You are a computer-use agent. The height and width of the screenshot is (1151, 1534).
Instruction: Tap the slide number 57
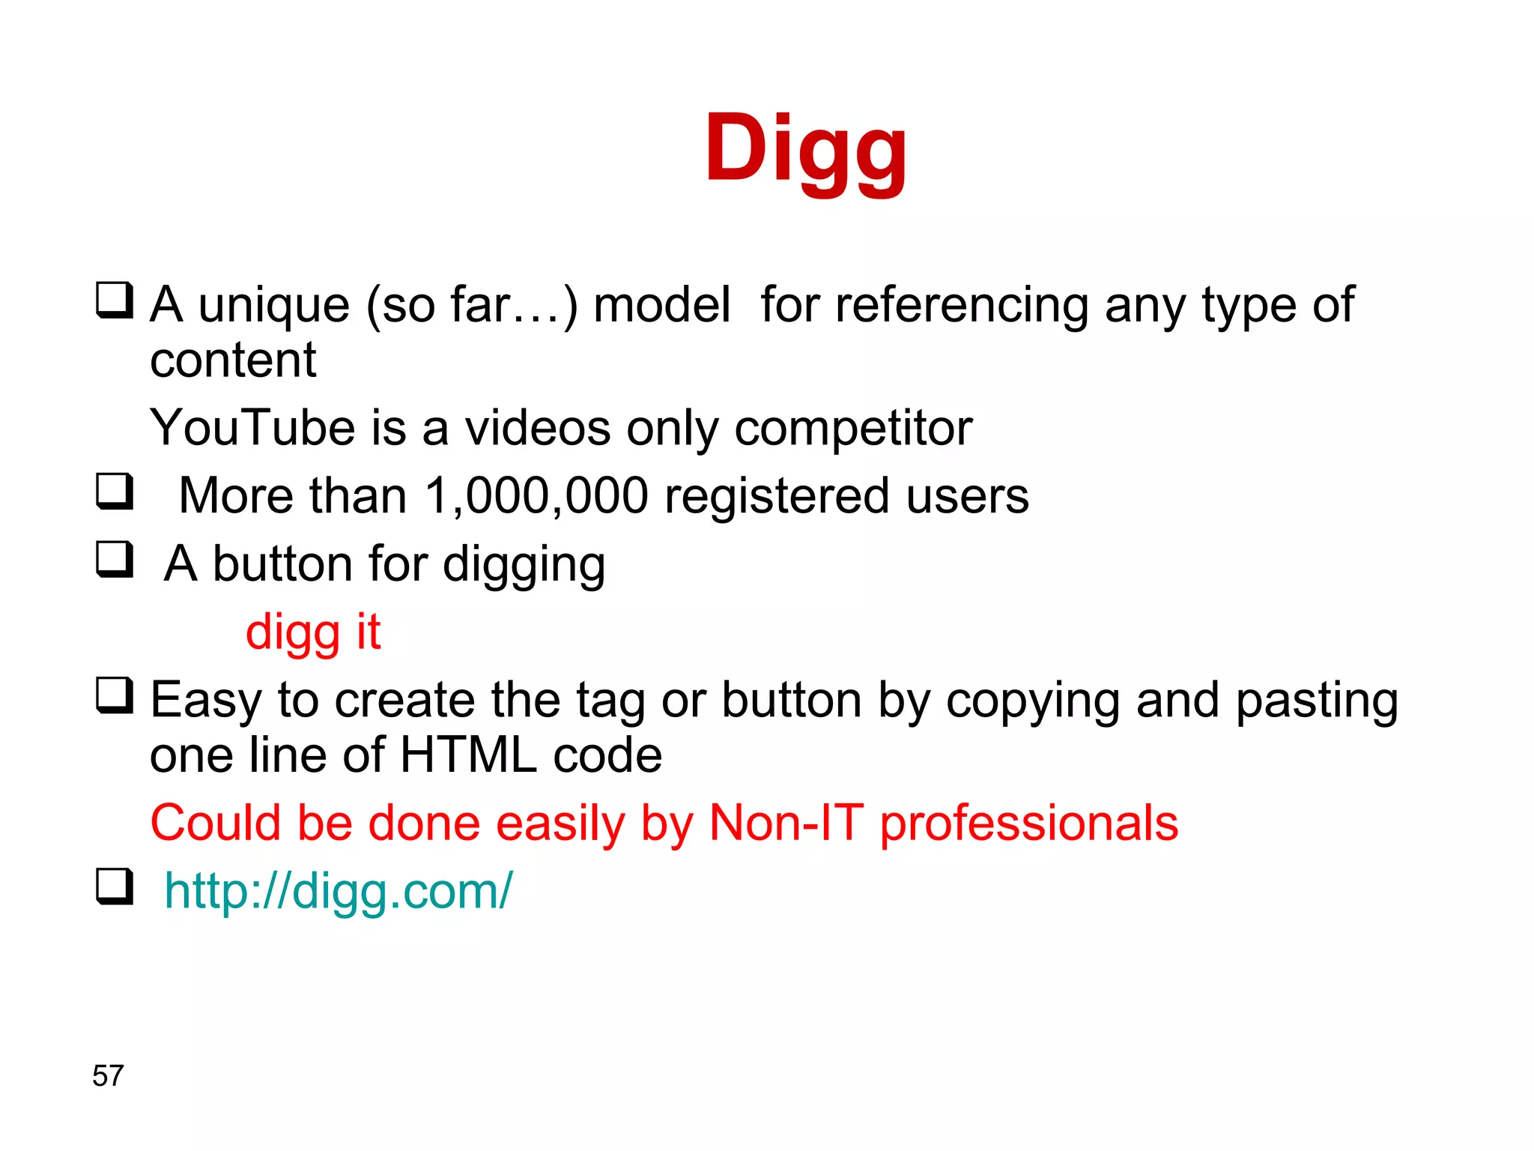(x=108, y=1075)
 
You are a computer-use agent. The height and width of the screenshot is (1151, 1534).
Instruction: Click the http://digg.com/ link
(x=338, y=891)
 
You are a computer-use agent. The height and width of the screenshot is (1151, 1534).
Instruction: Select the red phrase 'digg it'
(x=313, y=632)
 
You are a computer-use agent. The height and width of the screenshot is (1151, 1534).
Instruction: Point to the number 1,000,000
(x=536, y=496)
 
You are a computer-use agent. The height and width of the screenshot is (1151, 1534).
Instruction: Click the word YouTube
(x=252, y=428)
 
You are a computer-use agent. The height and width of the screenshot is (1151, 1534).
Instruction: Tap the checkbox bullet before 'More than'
(x=115, y=492)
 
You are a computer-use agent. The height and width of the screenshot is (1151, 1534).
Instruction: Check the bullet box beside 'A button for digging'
(x=115, y=560)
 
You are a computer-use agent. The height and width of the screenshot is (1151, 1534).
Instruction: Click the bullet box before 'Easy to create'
(x=115, y=695)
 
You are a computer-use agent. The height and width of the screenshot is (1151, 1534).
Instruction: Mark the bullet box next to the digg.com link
(x=115, y=886)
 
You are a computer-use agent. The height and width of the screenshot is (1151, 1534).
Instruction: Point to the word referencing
(x=961, y=306)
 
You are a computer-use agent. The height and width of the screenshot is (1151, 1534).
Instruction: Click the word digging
(x=524, y=565)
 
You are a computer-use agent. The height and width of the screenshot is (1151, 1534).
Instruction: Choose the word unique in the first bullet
(x=273, y=306)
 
